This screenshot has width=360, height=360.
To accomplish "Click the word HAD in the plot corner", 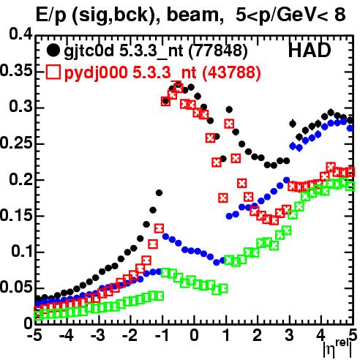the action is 310,50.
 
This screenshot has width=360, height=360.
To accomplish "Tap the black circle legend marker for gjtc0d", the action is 53,50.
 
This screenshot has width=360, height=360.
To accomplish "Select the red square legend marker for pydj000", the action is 53,72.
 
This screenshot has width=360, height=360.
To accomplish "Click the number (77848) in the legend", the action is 218,51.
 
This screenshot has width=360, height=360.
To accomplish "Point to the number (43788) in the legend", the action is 231,72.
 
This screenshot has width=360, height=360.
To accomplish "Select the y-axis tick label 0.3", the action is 20,106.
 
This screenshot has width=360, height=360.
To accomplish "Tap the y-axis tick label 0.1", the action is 22,251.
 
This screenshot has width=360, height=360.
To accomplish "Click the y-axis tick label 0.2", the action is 20,179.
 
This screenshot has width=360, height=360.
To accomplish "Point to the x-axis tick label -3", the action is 98,335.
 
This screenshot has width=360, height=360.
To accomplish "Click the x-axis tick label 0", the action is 194,335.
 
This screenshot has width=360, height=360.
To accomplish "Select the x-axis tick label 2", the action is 258,335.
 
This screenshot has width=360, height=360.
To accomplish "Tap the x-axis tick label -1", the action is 162,335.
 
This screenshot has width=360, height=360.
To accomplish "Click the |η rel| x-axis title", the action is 337,348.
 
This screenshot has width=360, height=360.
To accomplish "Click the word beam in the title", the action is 192,15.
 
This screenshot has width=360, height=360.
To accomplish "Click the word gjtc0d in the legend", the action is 89,51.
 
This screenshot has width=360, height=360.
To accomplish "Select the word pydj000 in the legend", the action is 96,73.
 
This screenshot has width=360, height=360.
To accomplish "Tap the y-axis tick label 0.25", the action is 16,142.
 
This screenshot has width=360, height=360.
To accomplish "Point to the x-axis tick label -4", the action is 66,335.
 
